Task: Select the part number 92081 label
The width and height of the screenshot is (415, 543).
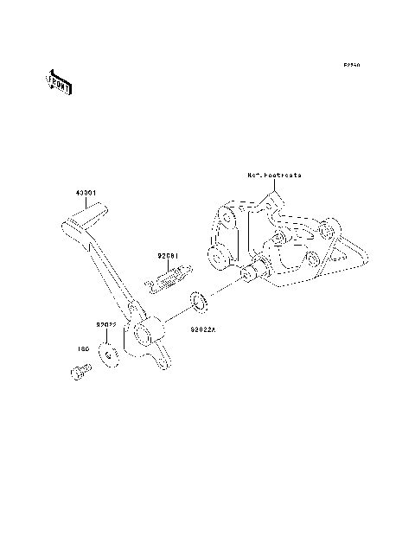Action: pos(168,256)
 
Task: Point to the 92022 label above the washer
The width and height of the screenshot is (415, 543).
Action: pos(106,324)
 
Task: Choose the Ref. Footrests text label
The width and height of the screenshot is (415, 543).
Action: pos(275,175)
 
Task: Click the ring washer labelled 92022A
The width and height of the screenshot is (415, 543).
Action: pos(199,301)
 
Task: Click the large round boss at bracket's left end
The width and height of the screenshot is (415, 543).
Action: pos(215,255)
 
